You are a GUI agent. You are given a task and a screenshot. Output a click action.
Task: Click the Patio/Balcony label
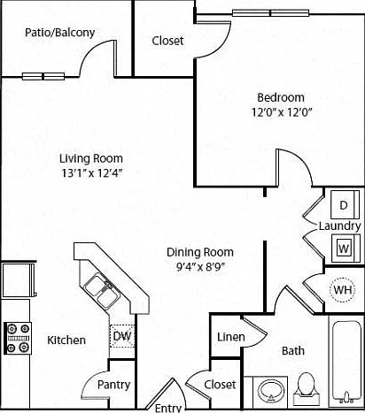59,33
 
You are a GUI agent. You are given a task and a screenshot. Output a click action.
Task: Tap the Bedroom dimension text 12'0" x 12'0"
282,112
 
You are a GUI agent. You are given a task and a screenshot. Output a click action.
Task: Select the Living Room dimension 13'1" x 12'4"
91,173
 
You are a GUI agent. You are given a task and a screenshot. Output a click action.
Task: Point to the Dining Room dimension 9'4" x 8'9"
200,267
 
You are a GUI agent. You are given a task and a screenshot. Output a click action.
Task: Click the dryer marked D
345,204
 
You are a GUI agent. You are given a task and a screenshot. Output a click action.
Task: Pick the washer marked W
345,249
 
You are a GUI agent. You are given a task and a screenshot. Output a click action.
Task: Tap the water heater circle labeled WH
343,290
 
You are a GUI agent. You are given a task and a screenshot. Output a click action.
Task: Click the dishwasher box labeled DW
122,336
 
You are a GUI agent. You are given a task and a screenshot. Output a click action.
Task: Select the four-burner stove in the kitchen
18,338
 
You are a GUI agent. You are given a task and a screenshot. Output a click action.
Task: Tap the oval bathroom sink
271,392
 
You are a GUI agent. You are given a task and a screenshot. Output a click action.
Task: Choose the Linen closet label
230,337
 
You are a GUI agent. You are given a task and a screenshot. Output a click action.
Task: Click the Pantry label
113,385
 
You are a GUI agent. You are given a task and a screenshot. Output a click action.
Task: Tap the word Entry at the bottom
168,408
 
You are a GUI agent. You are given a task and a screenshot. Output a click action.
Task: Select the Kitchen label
66,340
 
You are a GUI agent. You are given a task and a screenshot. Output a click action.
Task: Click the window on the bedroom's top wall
270,13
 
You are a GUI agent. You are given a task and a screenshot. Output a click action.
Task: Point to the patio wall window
43,76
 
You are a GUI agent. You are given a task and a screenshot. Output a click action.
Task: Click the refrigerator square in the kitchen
19,280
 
